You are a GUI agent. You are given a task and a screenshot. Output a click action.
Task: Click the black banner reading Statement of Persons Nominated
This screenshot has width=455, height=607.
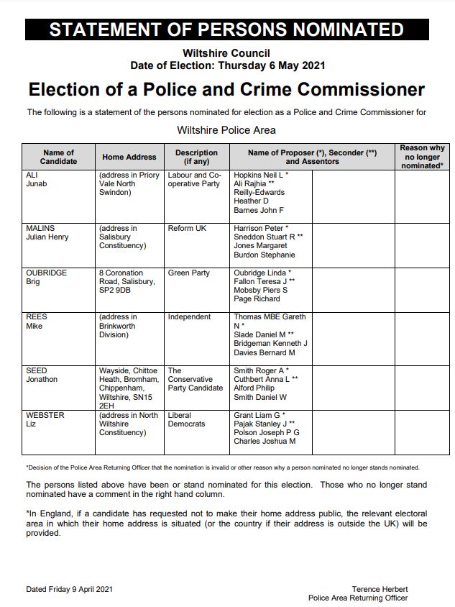[x=226, y=29]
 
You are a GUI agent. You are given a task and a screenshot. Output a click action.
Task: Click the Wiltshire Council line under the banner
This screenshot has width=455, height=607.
[x=226, y=53]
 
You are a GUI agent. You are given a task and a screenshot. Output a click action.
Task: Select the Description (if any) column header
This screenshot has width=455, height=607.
[x=196, y=157]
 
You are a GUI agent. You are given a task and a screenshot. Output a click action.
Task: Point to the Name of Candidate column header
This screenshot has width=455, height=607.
[x=59, y=157]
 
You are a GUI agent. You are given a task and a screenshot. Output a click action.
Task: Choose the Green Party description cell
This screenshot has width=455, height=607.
[x=188, y=273]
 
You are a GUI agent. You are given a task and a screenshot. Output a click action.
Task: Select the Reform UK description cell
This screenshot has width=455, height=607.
[x=187, y=229]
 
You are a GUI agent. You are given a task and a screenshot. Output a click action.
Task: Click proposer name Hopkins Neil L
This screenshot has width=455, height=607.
[x=260, y=175]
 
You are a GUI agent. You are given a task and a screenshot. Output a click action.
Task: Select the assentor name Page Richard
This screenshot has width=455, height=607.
[x=257, y=298]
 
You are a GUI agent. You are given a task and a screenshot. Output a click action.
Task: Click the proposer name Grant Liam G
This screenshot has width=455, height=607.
[x=259, y=415]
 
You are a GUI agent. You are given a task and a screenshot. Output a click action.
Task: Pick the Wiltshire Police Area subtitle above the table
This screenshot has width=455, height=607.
[x=226, y=130]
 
